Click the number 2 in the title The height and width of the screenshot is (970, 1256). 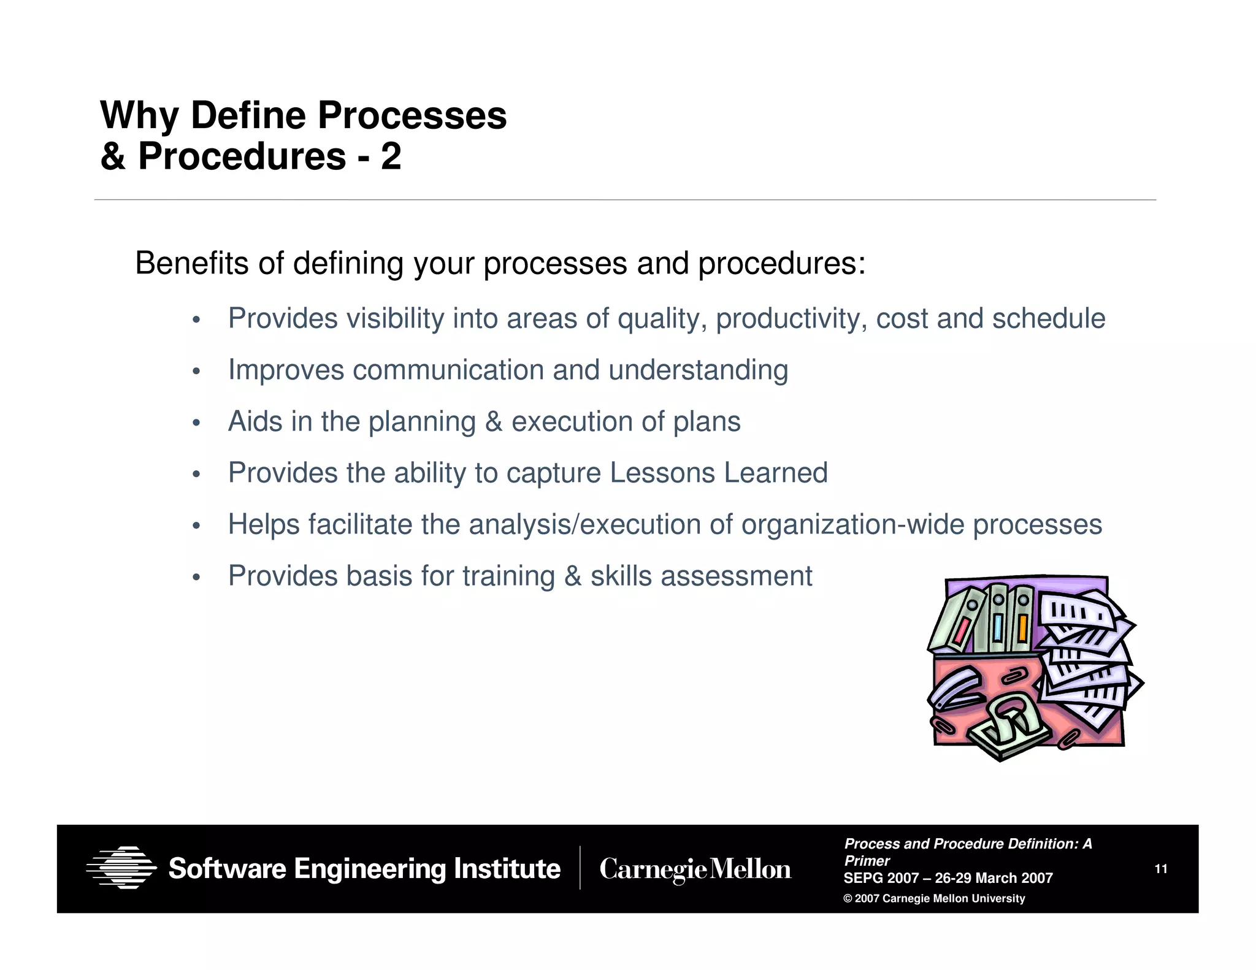[x=391, y=156]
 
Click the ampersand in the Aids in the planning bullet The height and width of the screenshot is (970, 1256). [x=493, y=422]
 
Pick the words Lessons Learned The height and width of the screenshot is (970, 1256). [x=718, y=473]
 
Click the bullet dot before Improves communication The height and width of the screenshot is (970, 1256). [x=196, y=372]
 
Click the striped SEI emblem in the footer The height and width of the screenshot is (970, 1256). [x=121, y=868]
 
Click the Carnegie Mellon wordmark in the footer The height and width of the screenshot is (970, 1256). [x=695, y=869]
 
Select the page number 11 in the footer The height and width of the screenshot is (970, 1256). [x=1160, y=869]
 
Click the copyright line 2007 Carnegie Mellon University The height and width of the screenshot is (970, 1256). [x=934, y=898]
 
